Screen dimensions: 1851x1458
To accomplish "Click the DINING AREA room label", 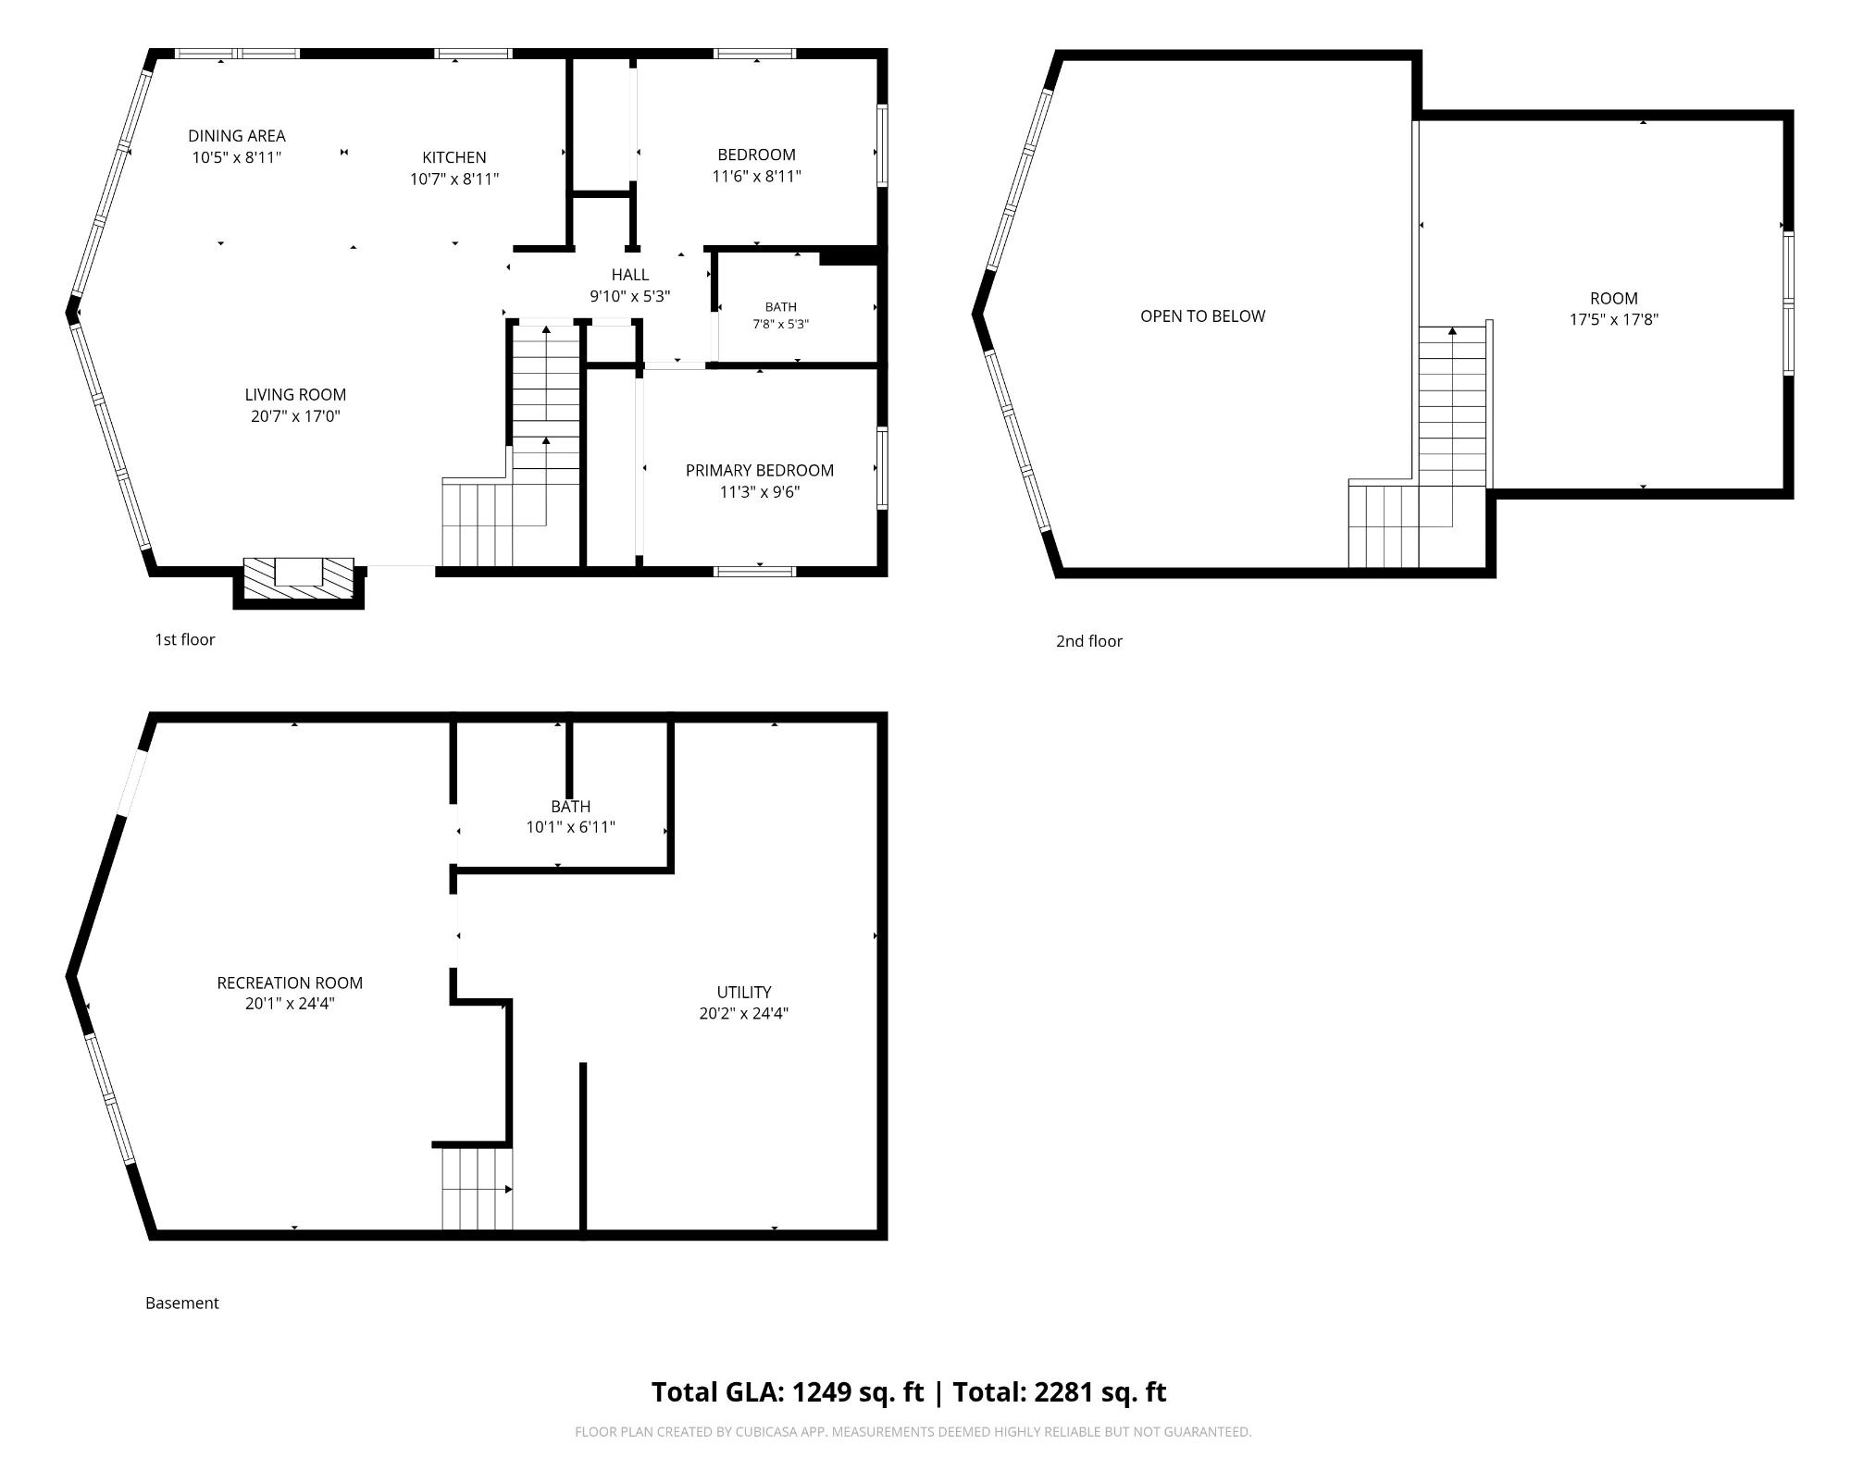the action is tap(237, 136).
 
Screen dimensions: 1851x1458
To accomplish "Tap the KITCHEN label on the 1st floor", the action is tap(454, 157).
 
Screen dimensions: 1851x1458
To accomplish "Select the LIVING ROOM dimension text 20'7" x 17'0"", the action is tap(295, 416).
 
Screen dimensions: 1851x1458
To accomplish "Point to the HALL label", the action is tap(630, 275).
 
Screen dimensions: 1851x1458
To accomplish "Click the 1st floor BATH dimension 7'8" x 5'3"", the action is tap(781, 325).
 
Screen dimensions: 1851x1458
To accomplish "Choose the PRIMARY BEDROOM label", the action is tap(760, 470).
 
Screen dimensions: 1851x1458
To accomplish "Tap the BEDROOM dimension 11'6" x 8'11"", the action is tap(756, 176).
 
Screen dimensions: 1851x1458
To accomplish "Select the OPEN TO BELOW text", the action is tap(1202, 316).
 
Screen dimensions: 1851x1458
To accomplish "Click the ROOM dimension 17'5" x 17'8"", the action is tap(1614, 320).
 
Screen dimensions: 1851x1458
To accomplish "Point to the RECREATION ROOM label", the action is tap(290, 982).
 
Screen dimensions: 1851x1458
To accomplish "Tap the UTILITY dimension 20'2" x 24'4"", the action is tap(744, 1013).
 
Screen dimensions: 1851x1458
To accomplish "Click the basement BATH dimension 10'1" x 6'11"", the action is tap(570, 827).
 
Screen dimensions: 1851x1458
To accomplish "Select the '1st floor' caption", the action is tap(184, 639).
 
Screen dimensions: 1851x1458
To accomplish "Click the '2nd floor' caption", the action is tap(1088, 641).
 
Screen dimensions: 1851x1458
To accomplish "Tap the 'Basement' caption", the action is tap(181, 1303).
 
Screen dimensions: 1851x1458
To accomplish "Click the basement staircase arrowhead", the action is tap(508, 1190).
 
